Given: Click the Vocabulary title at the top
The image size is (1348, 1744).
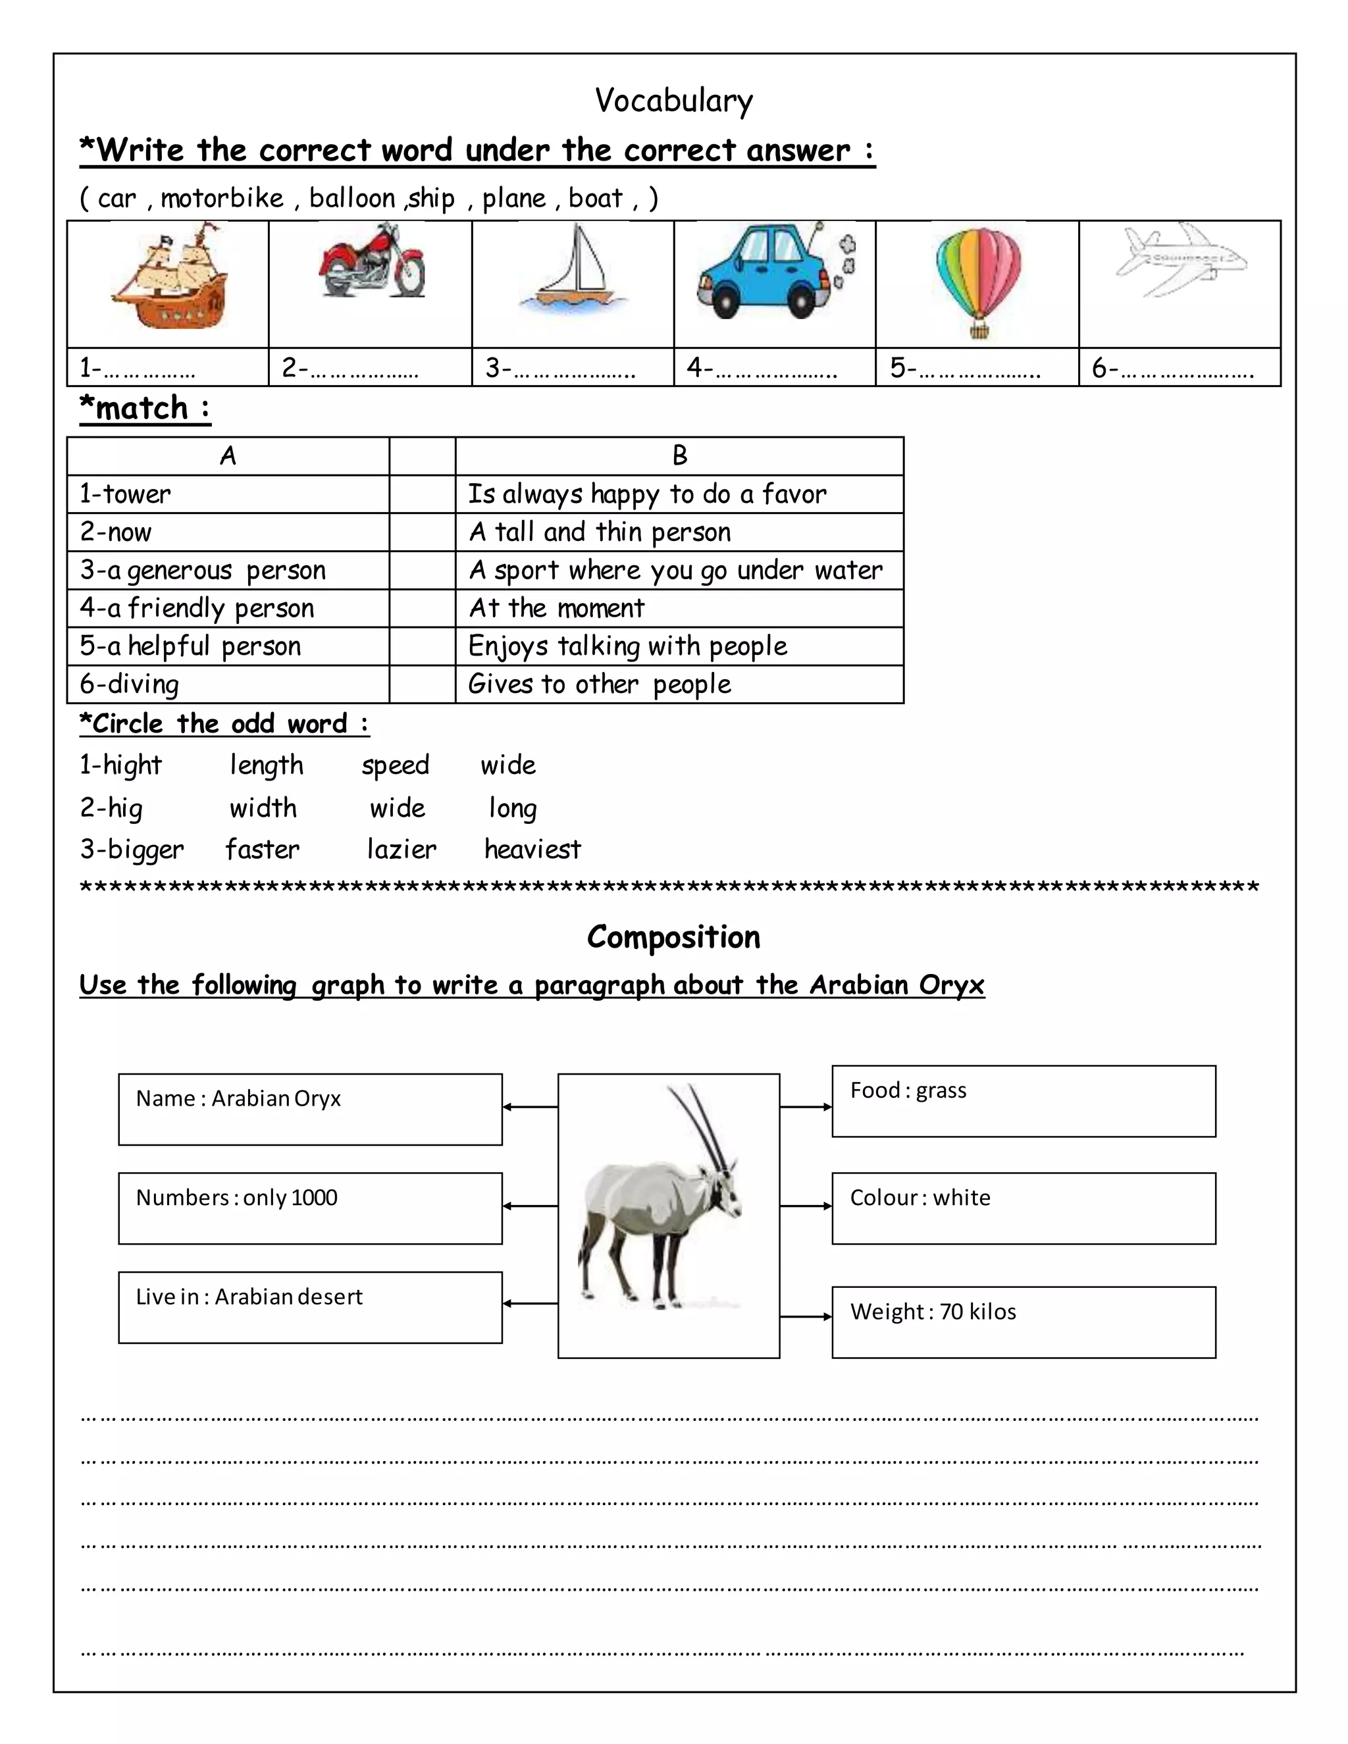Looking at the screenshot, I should [x=673, y=101].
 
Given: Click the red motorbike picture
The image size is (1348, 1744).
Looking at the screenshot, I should [x=372, y=261].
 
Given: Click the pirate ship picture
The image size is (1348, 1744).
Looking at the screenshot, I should [x=171, y=276].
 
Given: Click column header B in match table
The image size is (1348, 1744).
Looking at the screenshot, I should [x=679, y=456].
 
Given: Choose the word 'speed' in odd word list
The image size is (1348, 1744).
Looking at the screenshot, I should [x=396, y=765].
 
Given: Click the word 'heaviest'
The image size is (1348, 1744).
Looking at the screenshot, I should [x=532, y=849].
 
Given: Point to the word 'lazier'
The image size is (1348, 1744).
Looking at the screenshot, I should [x=402, y=849].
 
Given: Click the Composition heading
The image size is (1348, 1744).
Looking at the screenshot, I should [x=673, y=936].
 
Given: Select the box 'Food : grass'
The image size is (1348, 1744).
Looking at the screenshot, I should [x=1023, y=1100].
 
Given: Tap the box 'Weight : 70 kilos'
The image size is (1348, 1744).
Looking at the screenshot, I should [x=1023, y=1321].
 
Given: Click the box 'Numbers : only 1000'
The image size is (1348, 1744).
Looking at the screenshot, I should [x=310, y=1208].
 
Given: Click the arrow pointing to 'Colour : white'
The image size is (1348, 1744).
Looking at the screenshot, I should [x=806, y=1206].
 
